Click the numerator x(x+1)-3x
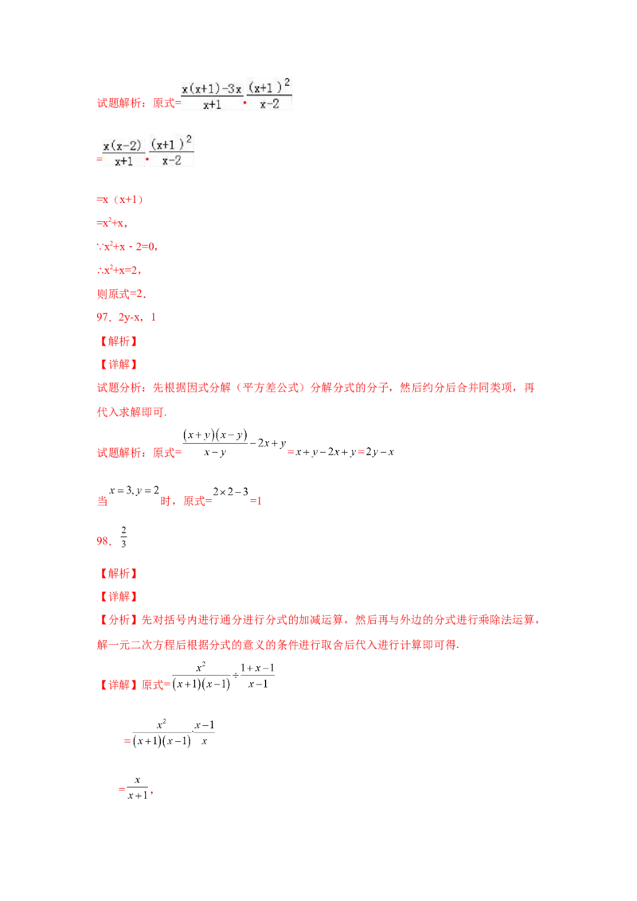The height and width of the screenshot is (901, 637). pos(211,89)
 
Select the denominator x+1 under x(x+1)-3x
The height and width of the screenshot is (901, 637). pos(211,104)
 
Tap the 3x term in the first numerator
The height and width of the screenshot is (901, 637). pos(234,89)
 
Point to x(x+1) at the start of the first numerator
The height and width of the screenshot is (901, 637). pos(199,89)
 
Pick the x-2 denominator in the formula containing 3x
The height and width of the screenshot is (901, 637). pos(270,104)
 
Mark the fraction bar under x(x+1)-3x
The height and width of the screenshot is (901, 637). pos(211,97)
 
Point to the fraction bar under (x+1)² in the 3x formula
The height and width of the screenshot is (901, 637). pos(270,97)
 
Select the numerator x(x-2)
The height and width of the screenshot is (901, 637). pos(123,145)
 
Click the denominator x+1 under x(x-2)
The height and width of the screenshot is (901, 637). pos(123,161)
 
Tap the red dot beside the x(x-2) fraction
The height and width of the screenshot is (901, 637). pos(147,158)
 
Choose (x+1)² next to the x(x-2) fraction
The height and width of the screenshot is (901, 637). pos(170,143)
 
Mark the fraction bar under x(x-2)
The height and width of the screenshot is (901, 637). pos(123,153)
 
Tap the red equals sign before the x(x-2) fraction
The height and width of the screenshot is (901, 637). pos(97,158)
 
